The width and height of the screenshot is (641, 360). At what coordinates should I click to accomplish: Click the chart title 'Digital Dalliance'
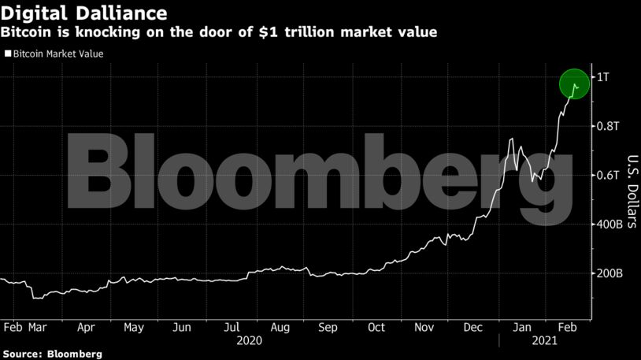tap(84, 13)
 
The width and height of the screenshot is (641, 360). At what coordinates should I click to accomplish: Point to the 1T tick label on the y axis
tap(602, 77)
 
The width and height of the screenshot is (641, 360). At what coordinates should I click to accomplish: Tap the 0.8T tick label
tap(608, 126)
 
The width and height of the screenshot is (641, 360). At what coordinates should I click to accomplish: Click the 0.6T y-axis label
tap(608, 175)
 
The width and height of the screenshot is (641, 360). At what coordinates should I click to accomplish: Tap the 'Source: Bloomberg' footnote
tap(51, 354)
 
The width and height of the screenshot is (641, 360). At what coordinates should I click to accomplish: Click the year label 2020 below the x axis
tap(249, 340)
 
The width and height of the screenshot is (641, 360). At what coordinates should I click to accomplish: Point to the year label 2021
tap(543, 340)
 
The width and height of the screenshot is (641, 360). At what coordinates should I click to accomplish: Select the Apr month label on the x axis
tap(86, 327)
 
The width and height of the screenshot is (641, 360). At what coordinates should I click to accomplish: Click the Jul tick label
tap(232, 327)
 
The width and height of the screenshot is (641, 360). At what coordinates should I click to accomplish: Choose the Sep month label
tap(328, 327)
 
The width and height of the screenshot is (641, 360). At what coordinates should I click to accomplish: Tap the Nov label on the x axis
tap(425, 327)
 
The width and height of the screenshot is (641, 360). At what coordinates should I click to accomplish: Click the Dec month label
tap(474, 327)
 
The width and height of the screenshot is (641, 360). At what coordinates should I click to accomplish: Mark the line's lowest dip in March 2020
tap(34, 299)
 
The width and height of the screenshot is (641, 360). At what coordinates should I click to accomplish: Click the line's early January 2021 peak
tap(512, 139)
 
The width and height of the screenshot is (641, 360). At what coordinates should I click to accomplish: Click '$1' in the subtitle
tap(276, 33)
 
